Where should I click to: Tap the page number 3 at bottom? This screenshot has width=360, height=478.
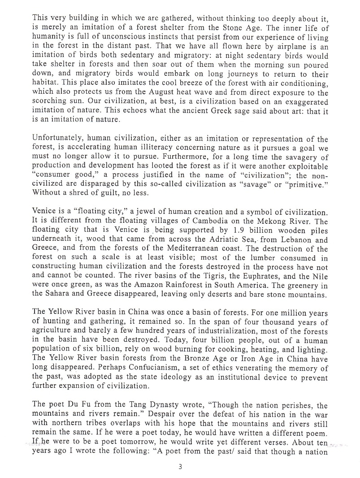pos(180,466)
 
